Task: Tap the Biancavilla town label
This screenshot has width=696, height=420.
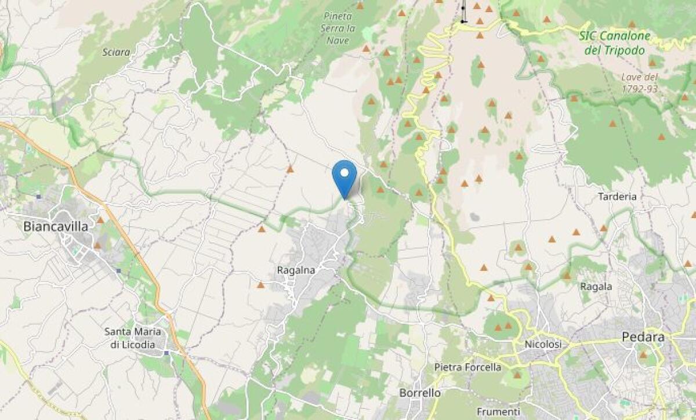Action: coord(56,227)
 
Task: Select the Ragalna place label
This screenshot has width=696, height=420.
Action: coord(296,270)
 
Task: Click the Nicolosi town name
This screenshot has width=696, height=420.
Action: coord(543,345)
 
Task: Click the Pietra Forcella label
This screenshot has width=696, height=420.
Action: coord(467,367)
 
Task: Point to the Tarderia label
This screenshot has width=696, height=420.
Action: coord(617,197)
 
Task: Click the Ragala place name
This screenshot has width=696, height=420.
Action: coord(596,287)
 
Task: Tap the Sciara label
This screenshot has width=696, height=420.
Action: coord(116,52)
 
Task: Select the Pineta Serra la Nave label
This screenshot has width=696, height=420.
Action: coord(338,28)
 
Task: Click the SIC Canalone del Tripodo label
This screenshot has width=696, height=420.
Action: coord(615,43)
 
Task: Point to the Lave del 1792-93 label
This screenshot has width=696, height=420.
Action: coord(639,82)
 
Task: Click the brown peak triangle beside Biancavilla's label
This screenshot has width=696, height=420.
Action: coord(100,220)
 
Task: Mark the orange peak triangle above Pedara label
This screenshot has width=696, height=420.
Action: coord(643,354)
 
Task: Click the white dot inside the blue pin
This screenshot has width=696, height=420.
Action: coord(345,172)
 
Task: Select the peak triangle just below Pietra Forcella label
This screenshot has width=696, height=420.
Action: coord(516,375)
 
